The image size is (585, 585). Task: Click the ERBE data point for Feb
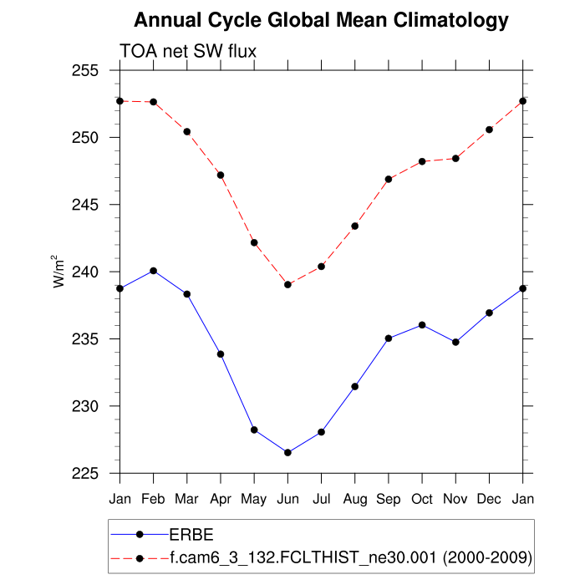154,271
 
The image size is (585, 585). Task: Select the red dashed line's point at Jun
288,284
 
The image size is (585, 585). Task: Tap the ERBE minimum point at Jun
288,452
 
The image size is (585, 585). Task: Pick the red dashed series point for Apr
221,175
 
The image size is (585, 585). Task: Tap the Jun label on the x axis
288,499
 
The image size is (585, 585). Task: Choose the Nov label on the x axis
455,499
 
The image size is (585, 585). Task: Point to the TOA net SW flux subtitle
188,52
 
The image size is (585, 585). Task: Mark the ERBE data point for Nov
455,342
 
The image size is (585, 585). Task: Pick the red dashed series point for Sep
389,179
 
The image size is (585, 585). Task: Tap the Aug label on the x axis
355,499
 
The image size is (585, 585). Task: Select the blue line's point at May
254,430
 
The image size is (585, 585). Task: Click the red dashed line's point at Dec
489,130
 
